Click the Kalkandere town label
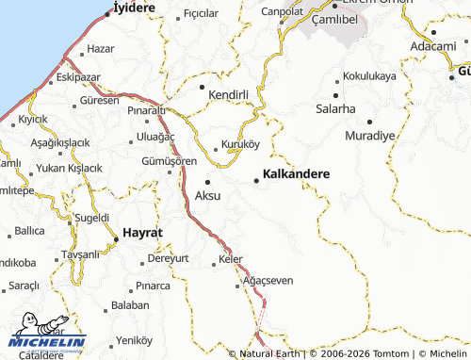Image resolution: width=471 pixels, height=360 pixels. [296, 174]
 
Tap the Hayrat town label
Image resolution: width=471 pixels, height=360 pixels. [143, 232]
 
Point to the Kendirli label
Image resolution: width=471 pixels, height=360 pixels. [227, 95]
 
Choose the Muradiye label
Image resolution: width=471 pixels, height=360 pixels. [369, 135]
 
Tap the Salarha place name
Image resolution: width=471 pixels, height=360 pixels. [336, 109]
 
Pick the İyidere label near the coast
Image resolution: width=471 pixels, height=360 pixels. [133, 7]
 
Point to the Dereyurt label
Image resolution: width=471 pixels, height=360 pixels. [169, 257]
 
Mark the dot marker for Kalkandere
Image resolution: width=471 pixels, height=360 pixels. [257, 180]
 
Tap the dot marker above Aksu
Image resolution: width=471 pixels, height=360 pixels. [207, 181]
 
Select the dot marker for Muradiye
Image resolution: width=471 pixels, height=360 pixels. [369, 122]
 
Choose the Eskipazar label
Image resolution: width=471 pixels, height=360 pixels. [78, 77]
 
